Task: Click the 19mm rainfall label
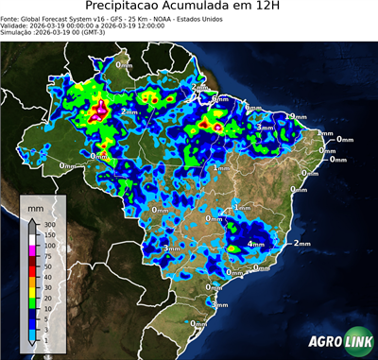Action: (x=295, y=115)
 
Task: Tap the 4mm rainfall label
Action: (x=255, y=245)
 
